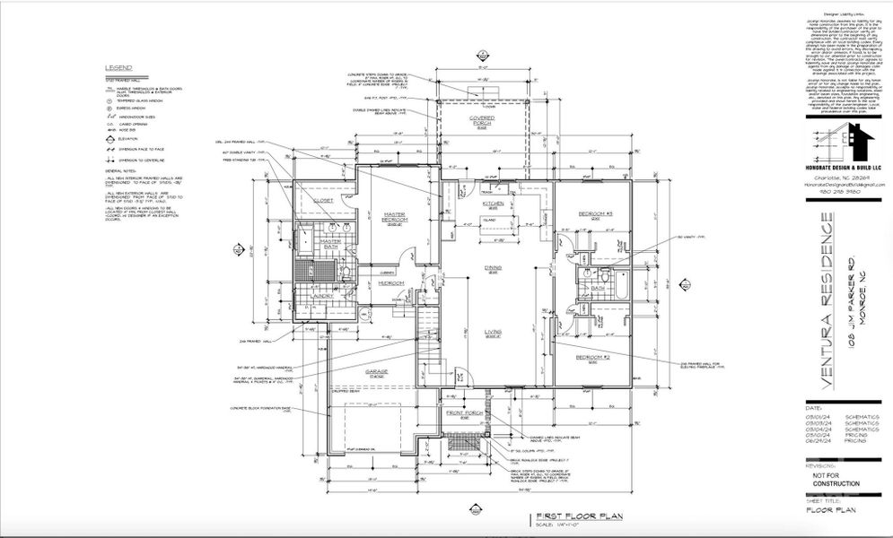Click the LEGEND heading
coord(118,68)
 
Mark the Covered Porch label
coord(484,120)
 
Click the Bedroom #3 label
coord(595,213)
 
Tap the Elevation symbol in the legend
coord(110,139)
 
